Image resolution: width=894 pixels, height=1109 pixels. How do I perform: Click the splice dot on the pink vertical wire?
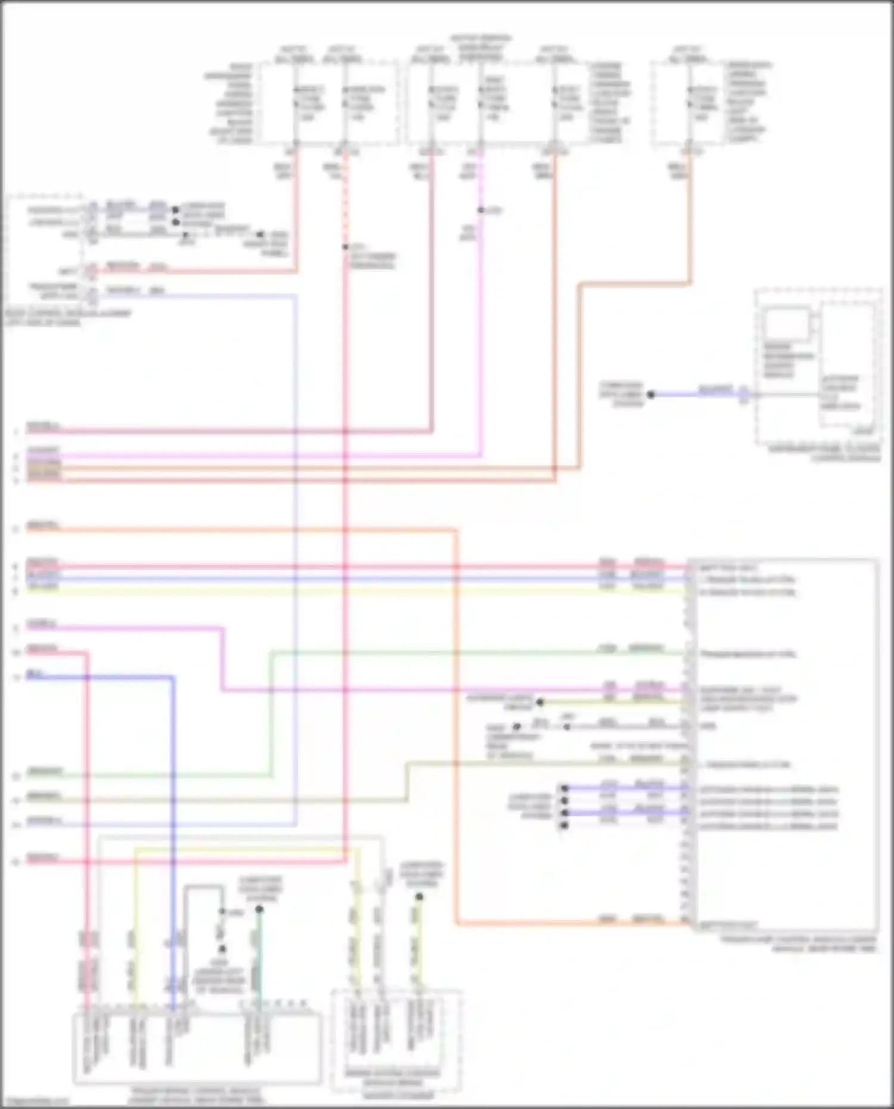[480, 210]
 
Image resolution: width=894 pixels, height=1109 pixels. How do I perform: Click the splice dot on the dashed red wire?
[345, 247]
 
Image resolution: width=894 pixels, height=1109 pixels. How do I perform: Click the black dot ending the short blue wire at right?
[651, 394]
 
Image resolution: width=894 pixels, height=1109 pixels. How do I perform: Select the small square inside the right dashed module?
[787, 324]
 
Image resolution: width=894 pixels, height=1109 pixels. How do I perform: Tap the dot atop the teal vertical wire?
[259, 909]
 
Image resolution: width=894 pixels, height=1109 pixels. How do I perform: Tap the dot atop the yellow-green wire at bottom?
[419, 897]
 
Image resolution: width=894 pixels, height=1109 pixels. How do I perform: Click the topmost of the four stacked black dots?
[564, 788]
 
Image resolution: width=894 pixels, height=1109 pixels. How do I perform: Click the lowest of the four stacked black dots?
[564, 825]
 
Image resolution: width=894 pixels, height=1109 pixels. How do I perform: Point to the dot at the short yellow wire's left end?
[540, 703]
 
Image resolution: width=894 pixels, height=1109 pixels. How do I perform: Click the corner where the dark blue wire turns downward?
[173, 678]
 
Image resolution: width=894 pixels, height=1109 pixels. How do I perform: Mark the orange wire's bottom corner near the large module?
[457, 924]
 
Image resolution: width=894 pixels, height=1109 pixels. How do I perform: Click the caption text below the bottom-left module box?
[197, 1095]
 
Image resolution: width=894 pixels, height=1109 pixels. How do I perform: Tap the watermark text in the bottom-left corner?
[36, 1102]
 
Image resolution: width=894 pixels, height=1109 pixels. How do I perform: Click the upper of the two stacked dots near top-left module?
[175, 210]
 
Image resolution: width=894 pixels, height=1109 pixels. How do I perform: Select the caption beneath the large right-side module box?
[799, 943]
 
